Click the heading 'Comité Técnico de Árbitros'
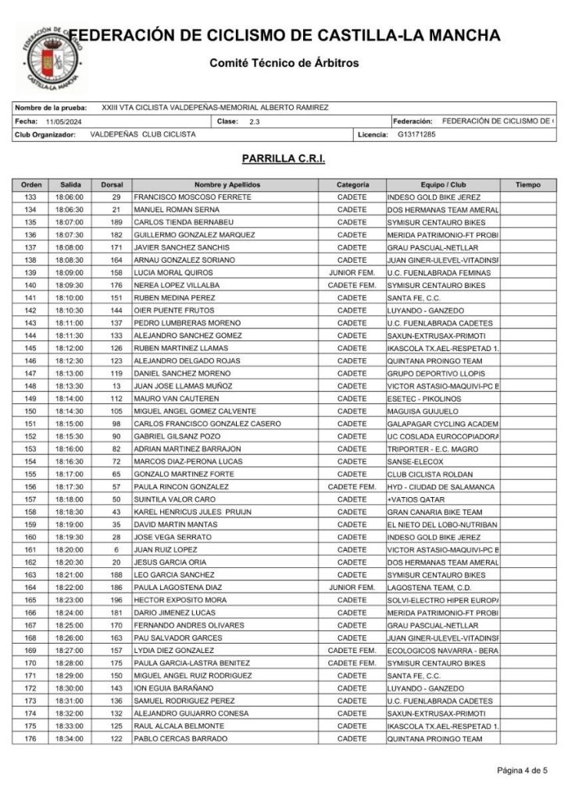(284, 62)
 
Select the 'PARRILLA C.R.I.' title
(284, 158)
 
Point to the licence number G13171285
(416, 134)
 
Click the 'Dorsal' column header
(112, 185)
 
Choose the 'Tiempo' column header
(527, 185)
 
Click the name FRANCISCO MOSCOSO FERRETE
(192, 197)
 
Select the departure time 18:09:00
(69, 272)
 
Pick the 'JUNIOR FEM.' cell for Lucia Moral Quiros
(352, 272)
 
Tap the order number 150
(30, 411)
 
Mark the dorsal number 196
(116, 600)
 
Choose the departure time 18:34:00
(69, 738)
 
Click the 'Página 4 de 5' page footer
(522, 771)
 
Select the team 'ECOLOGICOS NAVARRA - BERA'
(442, 650)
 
